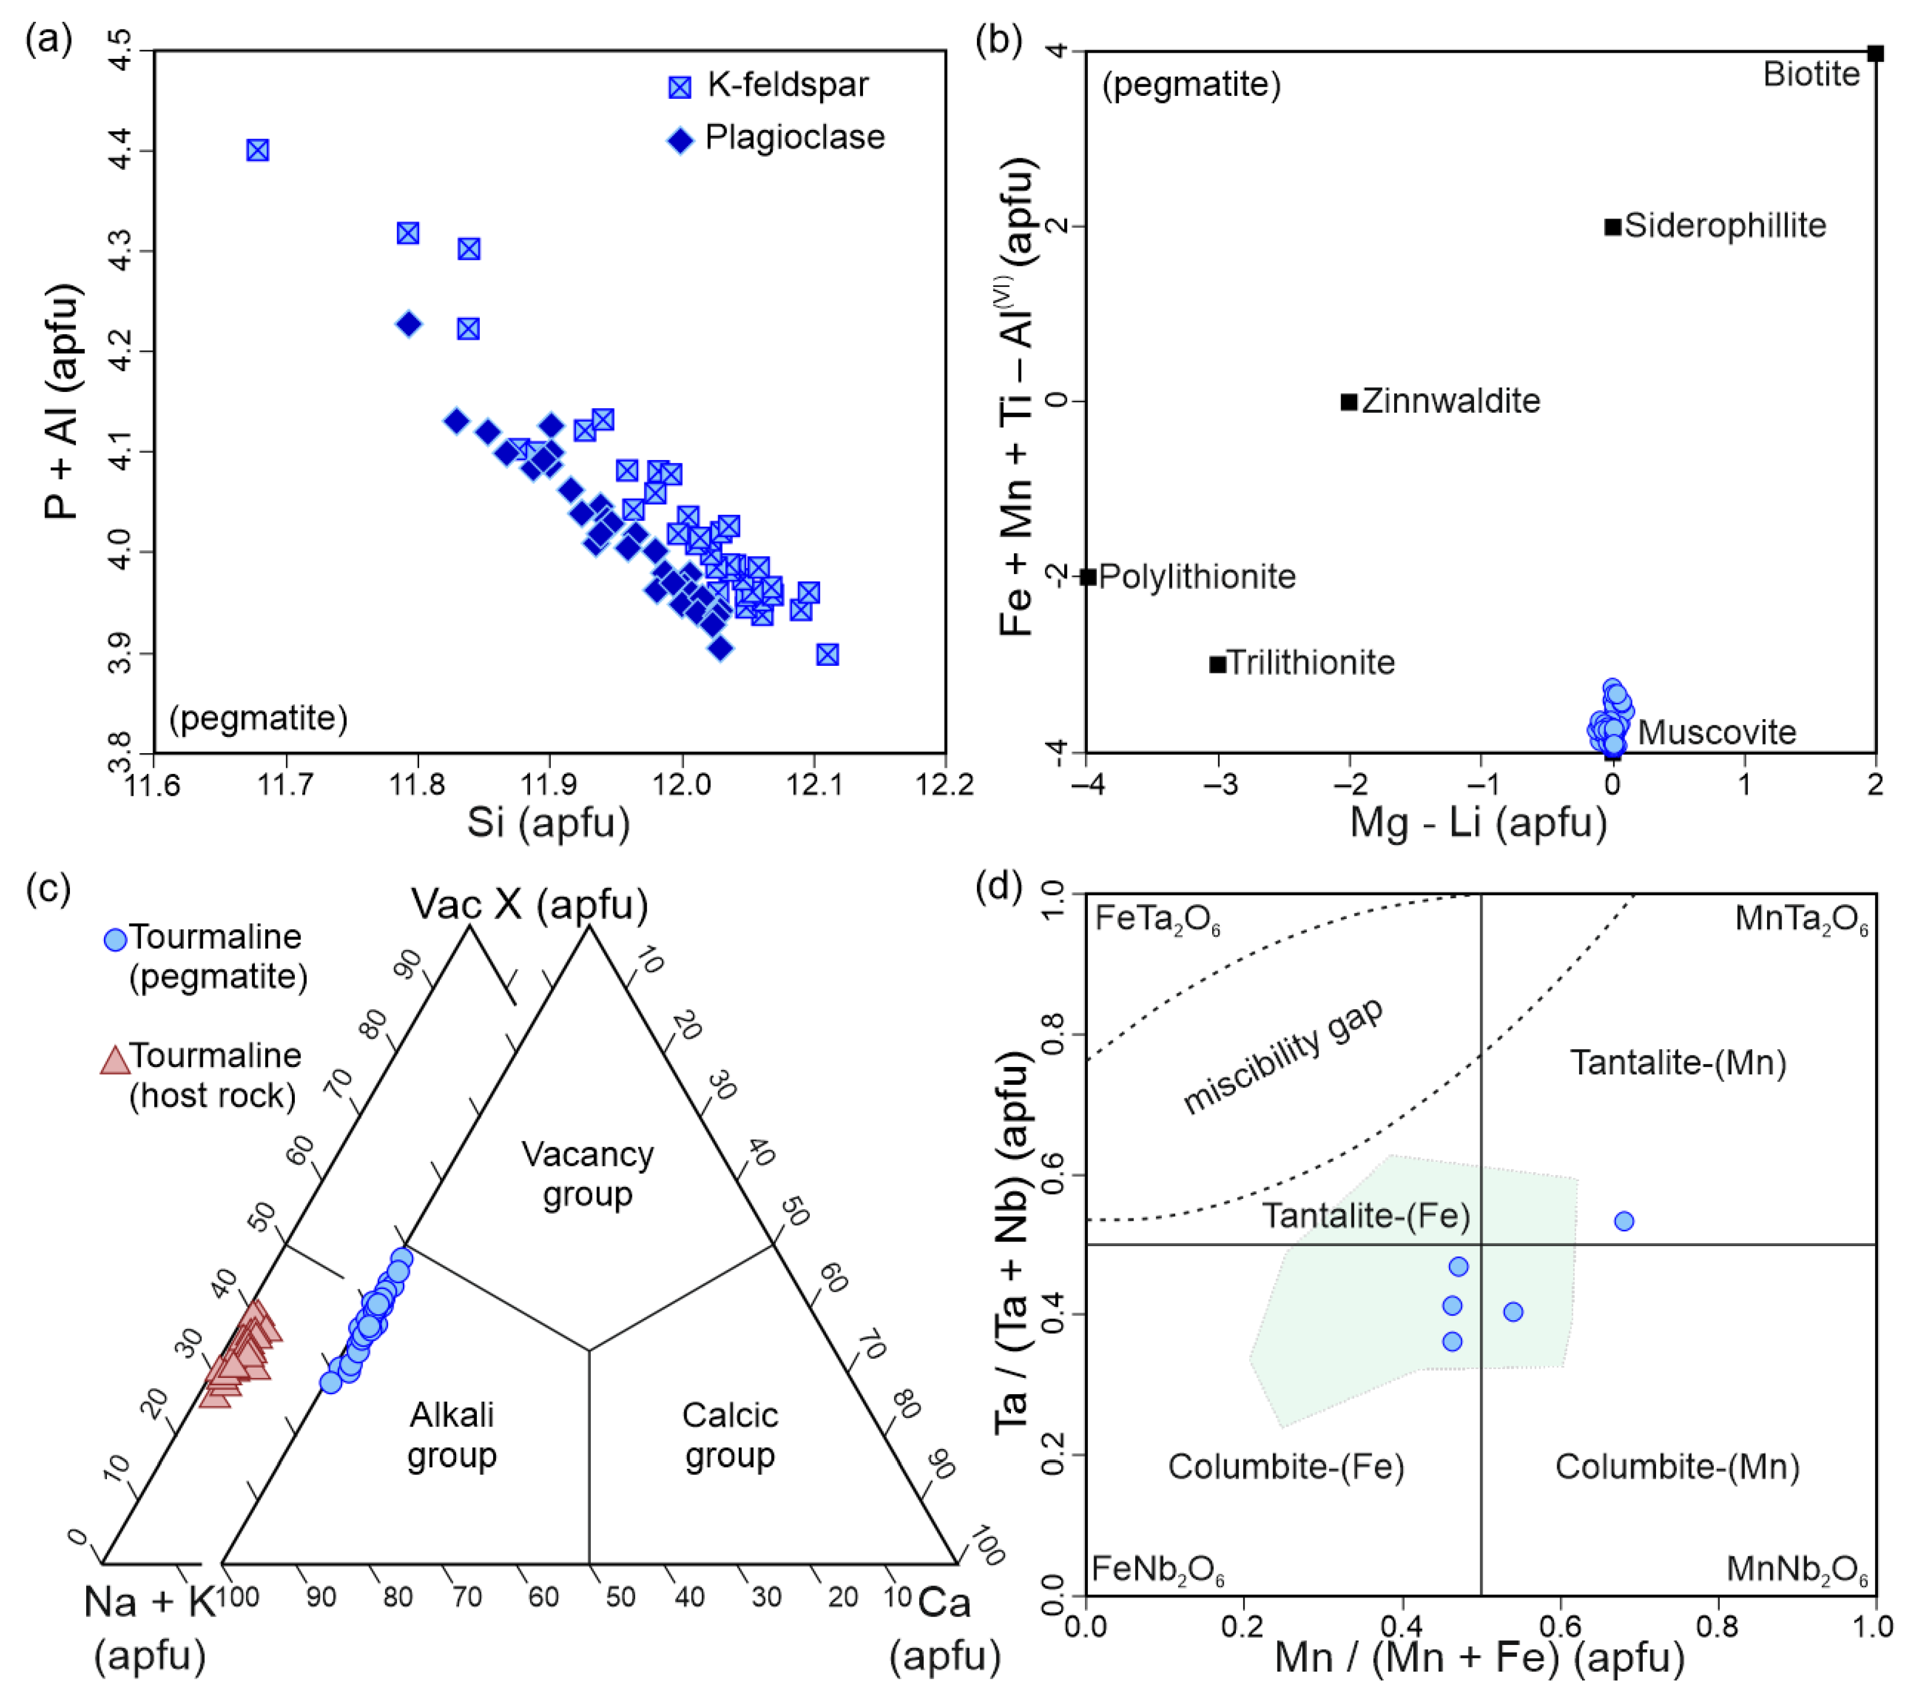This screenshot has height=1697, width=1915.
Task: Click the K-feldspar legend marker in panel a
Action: coord(679,87)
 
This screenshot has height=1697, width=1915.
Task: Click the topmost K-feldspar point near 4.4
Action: coord(258,150)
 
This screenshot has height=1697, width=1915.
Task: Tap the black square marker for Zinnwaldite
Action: coord(1348,401)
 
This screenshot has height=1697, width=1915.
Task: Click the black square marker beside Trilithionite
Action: coord(1217,664)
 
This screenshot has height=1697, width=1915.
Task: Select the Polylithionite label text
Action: coord(1197,576)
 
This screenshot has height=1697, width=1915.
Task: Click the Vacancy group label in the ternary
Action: coord(587,1174)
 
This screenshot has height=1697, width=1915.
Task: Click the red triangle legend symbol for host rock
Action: coord(115,1060)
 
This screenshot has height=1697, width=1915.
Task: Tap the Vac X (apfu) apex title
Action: coord(529,904)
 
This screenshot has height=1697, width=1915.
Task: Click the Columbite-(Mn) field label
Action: coord(1677,1466)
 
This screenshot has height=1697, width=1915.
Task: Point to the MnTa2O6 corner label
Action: coord(1801,919)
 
